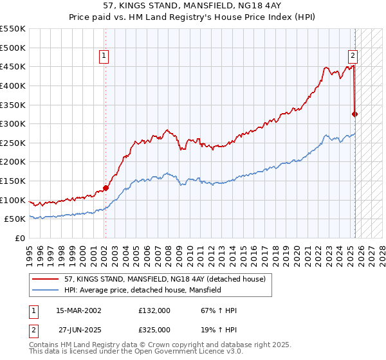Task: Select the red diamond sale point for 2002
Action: click(106, 188)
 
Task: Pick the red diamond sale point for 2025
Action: click(354, 114)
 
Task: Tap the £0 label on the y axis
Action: click(21, 239)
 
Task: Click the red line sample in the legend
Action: click(44, 279)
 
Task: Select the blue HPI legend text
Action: click(142, 290)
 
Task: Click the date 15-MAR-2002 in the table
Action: click(78, 310)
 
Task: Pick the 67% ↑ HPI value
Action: click(219, 310)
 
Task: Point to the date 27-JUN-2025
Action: click(78, 330)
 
